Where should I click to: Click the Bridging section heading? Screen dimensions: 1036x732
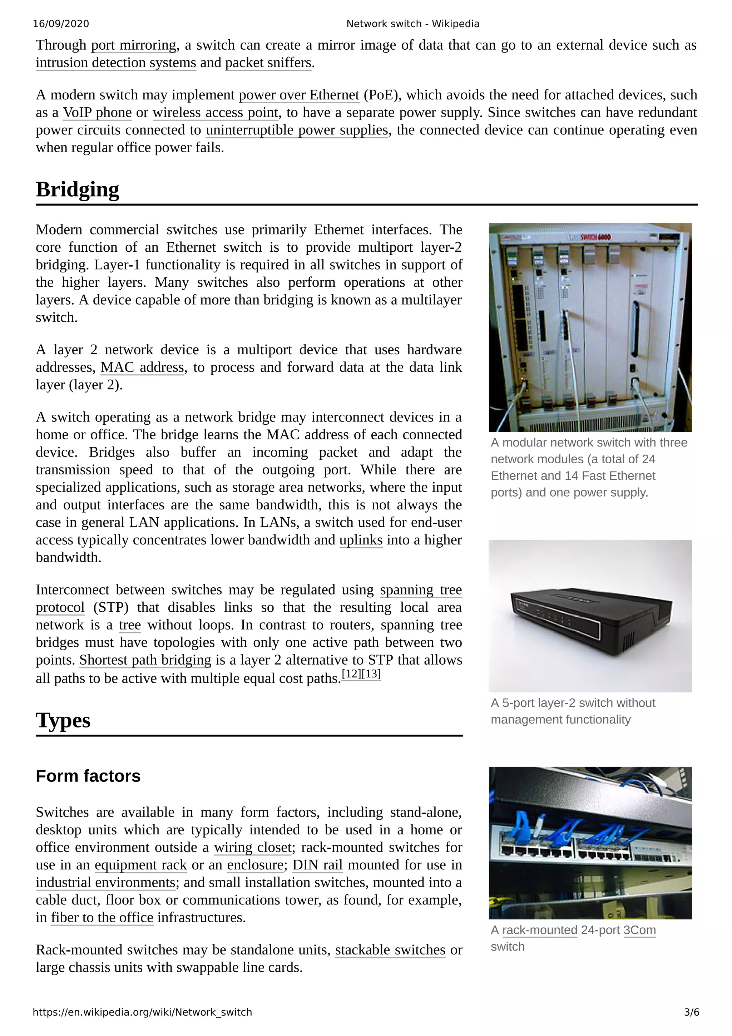click(77, 189)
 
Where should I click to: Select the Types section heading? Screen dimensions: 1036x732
click(63, 720)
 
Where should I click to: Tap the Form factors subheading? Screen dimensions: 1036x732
click(88, 776)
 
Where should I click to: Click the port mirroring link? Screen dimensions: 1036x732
click(134, 45)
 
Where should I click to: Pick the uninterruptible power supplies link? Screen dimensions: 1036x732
click(297, 130)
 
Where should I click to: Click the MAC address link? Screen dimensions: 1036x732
click(143, 367)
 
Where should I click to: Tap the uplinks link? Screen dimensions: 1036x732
click(361, 540)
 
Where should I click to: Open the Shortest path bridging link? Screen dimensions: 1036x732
click(145, 660)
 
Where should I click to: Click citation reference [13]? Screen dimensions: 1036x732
click(371, 674)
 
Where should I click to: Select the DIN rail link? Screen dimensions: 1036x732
click(317, 865)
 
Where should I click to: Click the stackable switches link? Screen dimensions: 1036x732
click(390, 950)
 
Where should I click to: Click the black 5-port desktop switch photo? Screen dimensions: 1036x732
click(590, 616)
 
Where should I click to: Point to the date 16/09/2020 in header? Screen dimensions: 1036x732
click(61, 24)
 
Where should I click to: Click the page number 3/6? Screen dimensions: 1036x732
click(691, 1012)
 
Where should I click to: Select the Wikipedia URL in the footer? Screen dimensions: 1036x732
click(142, 1012)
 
